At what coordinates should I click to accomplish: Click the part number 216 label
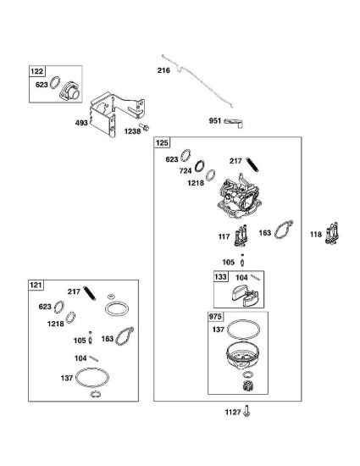point(163,70)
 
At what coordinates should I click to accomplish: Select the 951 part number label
point(215,120)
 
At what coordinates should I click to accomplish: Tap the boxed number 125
point(162,143)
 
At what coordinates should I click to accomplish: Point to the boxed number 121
point(36,286)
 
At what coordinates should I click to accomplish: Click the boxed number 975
point(215,317)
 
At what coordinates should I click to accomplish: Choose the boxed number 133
point(220,277)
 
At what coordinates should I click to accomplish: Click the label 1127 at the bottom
point(233,413)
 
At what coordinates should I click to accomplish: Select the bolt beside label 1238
point(144,127)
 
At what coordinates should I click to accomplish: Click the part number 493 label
point(81,123)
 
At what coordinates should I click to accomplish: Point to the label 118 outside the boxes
point(316,235)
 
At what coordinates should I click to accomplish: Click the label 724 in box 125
point(186,171)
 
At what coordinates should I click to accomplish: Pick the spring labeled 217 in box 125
point(252,165)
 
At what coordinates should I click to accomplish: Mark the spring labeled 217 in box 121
point(90,293)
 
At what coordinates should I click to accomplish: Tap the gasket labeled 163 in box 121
point(125,336)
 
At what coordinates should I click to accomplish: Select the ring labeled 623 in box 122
point(55,82)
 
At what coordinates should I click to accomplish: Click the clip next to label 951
point(234,123)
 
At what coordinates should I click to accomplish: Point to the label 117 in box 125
point(224,237)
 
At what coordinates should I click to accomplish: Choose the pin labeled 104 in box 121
point(94,358)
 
